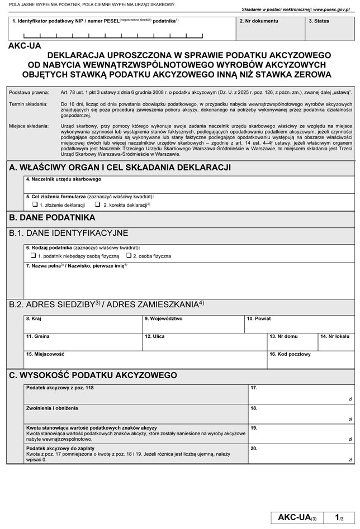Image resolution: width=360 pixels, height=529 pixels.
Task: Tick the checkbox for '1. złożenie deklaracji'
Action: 35,205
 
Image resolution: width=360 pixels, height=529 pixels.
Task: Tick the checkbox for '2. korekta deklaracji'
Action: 98,205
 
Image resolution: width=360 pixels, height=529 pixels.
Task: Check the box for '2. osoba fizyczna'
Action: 129,255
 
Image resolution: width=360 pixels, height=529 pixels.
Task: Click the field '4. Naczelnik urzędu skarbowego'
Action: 189,186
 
